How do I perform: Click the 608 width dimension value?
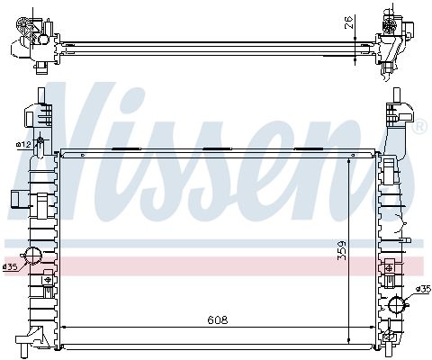(x=218, y=320)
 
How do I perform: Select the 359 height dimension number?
(x=341, y=250)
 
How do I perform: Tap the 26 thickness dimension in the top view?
(x=348, y=22)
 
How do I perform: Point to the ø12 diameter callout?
(x=23, y=145)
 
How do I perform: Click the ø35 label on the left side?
(x=10, y=266)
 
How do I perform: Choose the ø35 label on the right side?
(x=423, y=289)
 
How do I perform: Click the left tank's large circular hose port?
(x=32, y=256)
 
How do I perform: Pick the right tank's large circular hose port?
(x=397, y=304)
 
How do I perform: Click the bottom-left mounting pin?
(x=24, y=351)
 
